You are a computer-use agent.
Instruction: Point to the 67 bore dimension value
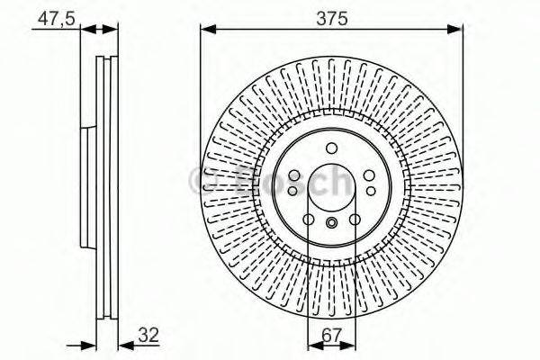tap(330, 337)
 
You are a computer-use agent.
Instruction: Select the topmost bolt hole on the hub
tap(331, 148)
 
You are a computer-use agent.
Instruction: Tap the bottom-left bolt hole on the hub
tap(308, 219)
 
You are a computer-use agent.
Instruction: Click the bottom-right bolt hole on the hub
tap(354, 219)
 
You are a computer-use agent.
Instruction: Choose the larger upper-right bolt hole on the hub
tap(368, 175)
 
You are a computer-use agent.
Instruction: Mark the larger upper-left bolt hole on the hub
tap(294, 175)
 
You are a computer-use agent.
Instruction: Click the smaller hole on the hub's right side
tap(370, 190)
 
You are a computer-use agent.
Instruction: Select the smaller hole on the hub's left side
tap(292, 190)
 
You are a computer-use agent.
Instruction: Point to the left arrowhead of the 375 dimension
tap(204, 30)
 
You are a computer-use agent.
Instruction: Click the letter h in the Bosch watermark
tap(338, 183)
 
